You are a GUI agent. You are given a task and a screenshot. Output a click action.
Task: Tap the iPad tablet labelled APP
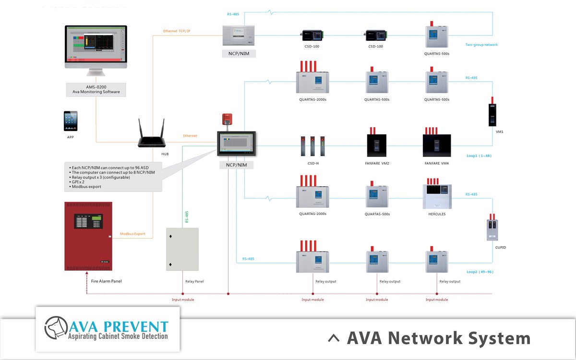pos(71,121)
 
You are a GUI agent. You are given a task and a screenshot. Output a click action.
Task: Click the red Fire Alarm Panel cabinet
pos(88,236)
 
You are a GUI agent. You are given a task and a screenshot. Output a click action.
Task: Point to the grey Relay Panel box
pos(182,249)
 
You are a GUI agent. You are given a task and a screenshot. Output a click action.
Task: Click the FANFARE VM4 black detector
pos(436,144)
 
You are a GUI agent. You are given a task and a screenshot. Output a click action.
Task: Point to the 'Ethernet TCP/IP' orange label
pos(177,31)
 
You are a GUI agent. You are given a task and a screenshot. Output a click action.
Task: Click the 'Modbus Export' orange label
pos(132,234)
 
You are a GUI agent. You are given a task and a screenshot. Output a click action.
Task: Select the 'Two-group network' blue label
pos(481,45)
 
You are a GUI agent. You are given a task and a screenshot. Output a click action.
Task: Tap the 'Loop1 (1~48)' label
pos(479,156)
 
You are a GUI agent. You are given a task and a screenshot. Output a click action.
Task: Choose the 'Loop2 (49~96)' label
pos(480,272)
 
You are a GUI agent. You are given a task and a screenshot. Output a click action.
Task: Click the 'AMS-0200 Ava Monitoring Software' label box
pos(96,89)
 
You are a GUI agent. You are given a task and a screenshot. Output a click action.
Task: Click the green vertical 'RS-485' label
pos(187,216)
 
